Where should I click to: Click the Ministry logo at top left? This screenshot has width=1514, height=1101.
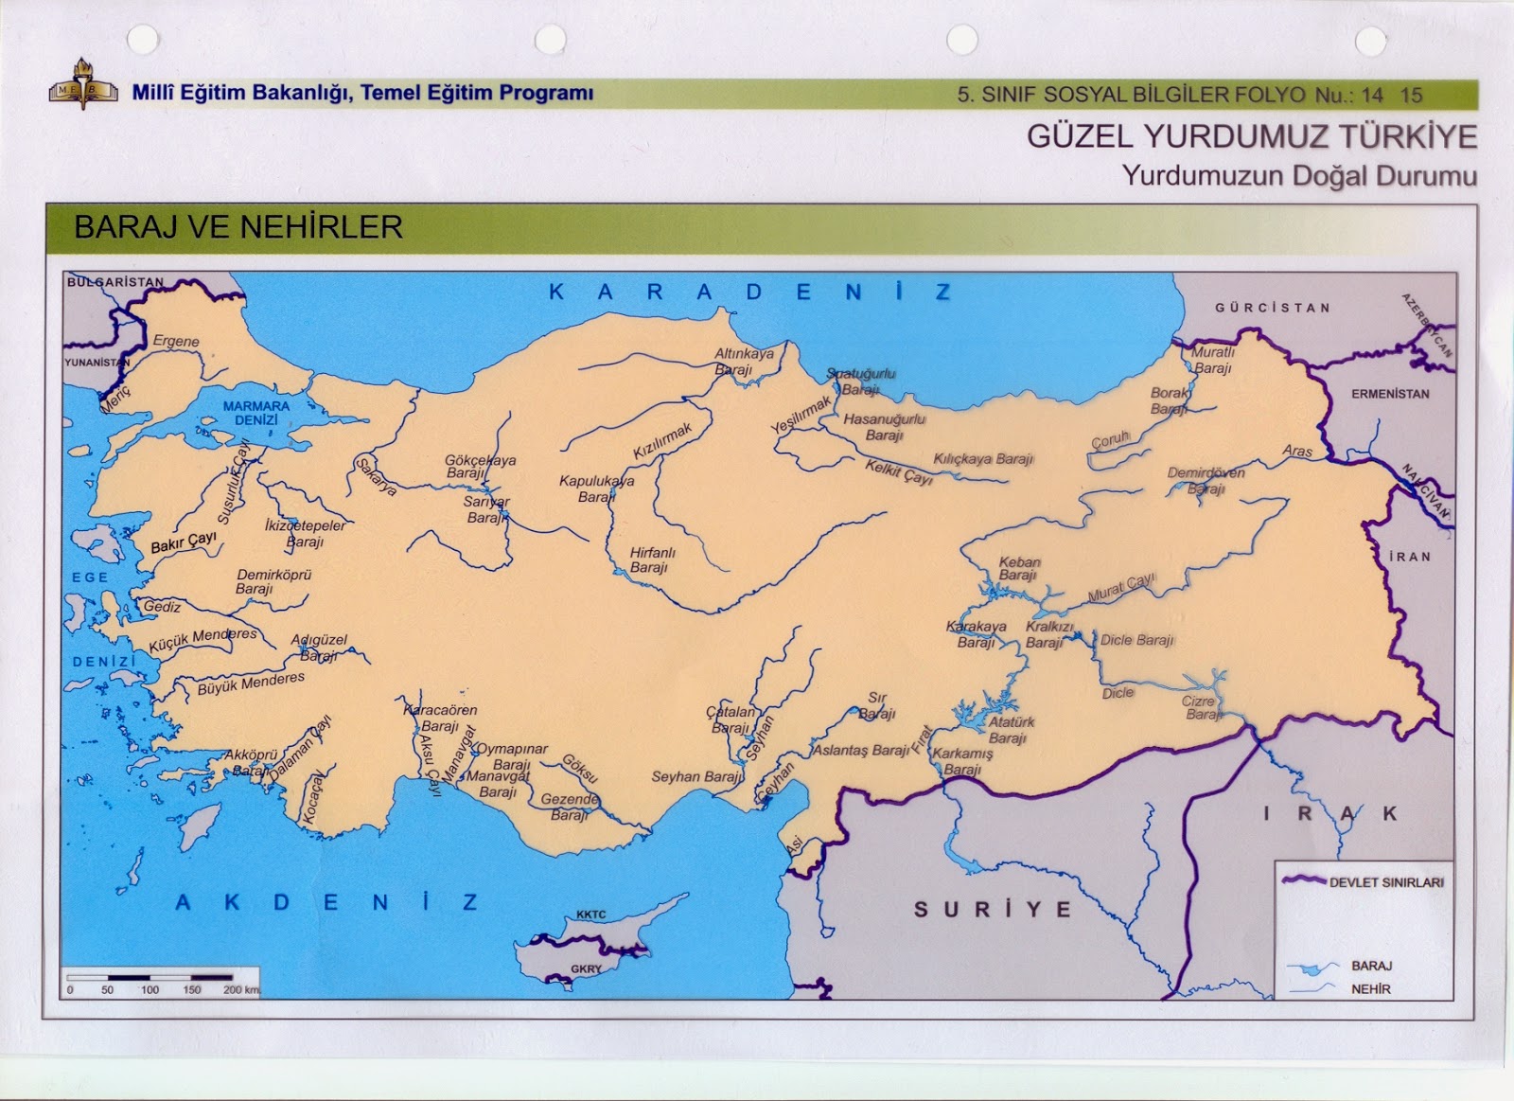coord(83,93)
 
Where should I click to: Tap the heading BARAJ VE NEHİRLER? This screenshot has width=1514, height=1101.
coord(238,227)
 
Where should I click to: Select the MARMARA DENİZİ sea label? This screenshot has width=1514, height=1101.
coord(256,413)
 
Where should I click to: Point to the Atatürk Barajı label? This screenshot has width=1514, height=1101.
coord(1011,730)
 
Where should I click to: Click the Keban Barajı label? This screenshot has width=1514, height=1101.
coord(1019,569)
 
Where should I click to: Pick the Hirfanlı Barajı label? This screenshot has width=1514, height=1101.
coord(652,560)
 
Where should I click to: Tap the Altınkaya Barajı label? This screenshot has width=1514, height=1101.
coord(743,361)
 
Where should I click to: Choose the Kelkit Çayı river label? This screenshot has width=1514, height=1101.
coord(898,471)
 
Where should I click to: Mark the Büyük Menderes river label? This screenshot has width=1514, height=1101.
coord(251,684)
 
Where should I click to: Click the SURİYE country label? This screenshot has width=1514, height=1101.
coord(993,910)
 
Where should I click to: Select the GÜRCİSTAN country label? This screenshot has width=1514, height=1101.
coord(1273,308)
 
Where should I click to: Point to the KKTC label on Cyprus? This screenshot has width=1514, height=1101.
coord(591,915)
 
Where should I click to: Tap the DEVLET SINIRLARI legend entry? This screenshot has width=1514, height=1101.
coord(1386,882)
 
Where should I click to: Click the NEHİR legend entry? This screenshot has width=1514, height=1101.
coord(1370,989)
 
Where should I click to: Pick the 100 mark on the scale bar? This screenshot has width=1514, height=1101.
coord(150,990)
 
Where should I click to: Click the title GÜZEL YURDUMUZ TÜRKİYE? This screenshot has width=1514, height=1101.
coord(1251,137)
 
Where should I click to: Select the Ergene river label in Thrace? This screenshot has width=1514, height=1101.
coord(176,341)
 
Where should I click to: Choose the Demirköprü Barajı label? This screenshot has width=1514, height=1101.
coord(273,581)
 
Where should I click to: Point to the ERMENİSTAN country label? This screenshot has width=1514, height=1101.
coord(1389,394)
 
